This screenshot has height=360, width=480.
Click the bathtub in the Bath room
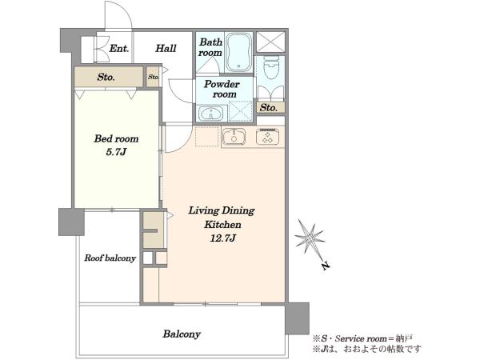tap(239, 53)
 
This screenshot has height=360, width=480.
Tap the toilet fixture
tap(271, 67)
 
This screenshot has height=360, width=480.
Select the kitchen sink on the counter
tap(234, 137)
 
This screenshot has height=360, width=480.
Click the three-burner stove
tap(267, 137)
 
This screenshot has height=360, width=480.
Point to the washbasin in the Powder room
tap(211, 113)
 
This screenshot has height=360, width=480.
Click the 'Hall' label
tap(166, 48)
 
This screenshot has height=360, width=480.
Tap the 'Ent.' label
tap(119, 48)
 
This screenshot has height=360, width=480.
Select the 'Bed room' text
tap(116, 138)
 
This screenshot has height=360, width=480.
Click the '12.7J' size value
tap(222, 238)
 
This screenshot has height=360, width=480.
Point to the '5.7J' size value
tap(116, 152)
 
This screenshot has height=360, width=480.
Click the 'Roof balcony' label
tap(110, 258)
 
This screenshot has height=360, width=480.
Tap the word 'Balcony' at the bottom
tap(182, 334)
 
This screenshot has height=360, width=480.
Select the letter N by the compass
tap(326, 266)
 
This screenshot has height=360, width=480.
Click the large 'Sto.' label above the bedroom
tap(106, 77)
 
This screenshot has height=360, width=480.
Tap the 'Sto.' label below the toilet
tap(268, 108)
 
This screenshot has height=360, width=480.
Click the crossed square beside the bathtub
tap(270, 42)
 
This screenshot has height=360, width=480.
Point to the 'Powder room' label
tap(222, 89)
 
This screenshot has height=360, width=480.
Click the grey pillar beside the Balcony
tap(297, 318)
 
